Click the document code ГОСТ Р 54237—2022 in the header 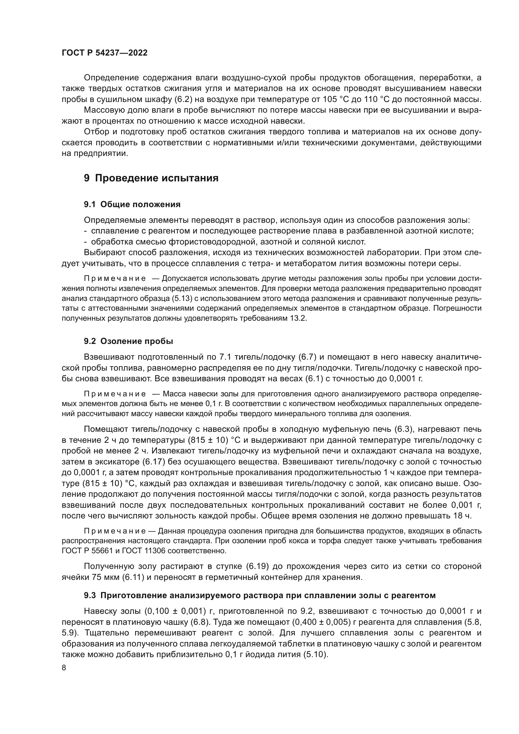(x=104, y=53)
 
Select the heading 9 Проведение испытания (x=151, y=178)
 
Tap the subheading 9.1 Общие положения (x=132, y=205)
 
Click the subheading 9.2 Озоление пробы (x=128, y=341)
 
